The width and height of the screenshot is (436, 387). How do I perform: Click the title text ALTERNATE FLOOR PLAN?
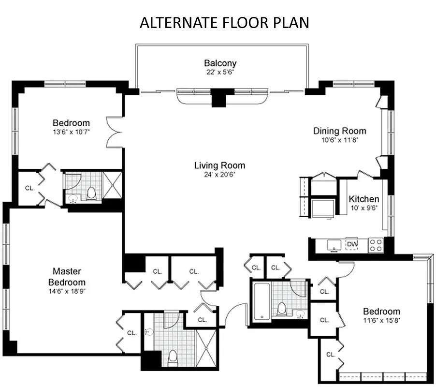224,23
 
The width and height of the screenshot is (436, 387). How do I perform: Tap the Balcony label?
220,63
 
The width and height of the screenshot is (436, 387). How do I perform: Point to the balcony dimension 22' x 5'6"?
220,72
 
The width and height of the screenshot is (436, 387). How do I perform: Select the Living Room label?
219,165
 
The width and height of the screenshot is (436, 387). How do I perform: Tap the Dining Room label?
339,131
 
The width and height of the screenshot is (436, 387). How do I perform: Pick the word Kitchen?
364,199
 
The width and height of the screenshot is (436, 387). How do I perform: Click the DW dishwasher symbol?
352,245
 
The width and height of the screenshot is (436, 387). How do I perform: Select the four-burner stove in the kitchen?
376,245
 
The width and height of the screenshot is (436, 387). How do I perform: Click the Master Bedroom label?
67,277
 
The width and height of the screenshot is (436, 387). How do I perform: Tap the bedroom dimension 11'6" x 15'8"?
381,320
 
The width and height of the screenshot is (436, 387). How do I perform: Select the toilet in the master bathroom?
172,357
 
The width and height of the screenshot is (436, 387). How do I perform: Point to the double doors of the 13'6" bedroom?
114,132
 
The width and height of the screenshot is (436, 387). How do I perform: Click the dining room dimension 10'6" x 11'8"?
339,140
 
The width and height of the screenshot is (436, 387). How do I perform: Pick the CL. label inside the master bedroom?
131,333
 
